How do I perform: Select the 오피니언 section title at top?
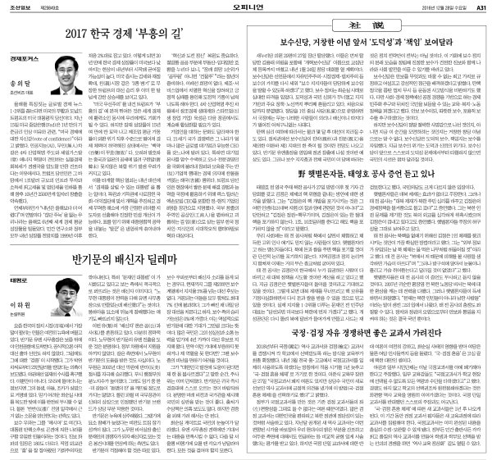[245, 7]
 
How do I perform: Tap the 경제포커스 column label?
[25, 58]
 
